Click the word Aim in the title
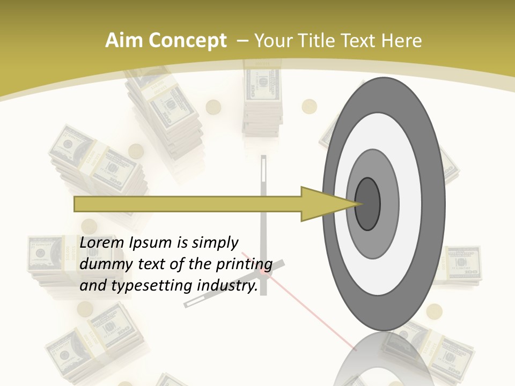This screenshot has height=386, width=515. click(124, 41)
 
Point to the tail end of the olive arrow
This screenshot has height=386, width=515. click(75, 204)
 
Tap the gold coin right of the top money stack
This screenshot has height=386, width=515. click(310, 106)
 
